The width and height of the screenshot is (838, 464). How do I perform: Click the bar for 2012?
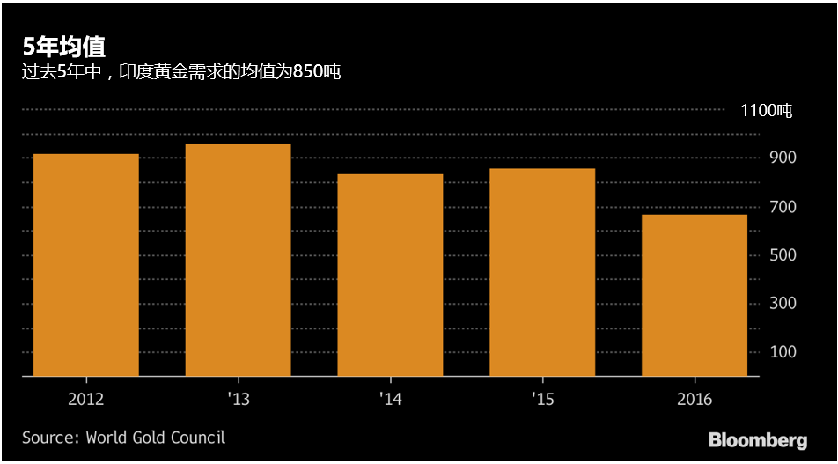click(x=86, y=265)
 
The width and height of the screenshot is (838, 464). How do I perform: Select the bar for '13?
click(x=238, y=260)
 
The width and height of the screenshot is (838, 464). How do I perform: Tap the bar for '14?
click(x=390, y=275)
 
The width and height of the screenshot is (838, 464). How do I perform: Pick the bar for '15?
click(x=542, y=272)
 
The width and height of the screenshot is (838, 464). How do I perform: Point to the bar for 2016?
click(x=695, y=295)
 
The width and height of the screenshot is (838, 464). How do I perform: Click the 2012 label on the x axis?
click(x=86, y=400)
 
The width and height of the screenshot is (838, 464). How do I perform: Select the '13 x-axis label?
click(x=238, y=400)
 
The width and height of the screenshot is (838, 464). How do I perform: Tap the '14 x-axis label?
click(x=390, y=400)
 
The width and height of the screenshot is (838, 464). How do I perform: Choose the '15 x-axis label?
click(x=542, y=400)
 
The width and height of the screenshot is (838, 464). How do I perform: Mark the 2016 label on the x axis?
click(x=695, y=400)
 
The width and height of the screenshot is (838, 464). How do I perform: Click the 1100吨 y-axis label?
click(x=766, y=111)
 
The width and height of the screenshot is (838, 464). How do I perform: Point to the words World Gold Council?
click(x=156, y=438)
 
